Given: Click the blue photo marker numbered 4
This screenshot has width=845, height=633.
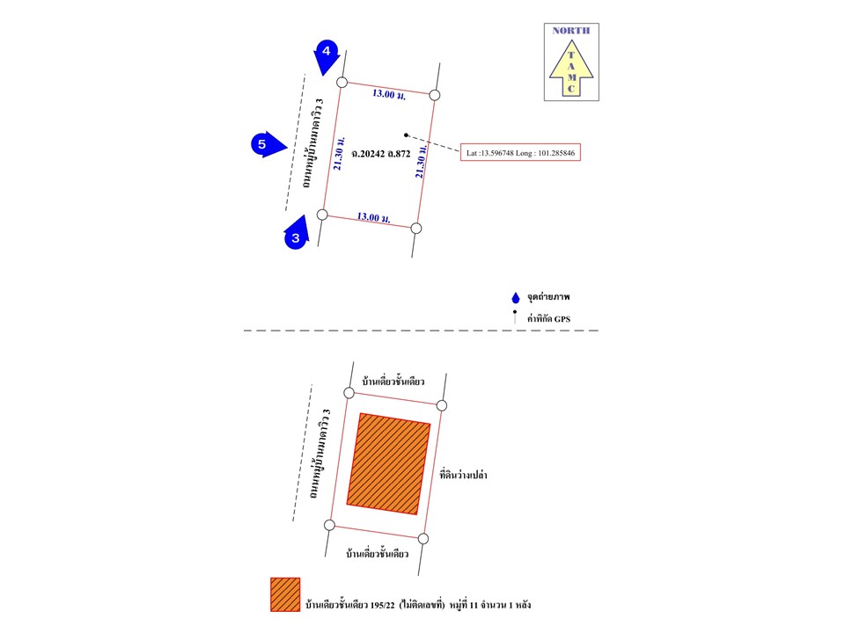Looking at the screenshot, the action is pyautogui.click(x=326, y=55).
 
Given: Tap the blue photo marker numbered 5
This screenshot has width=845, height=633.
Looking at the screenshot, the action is pyautogui.click(x=267, y=144).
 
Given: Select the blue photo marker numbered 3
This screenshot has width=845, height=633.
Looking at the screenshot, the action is pyautogui.click(x=297, y=234).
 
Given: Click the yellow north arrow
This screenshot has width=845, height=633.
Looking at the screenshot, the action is pyautogui.click(x=571, y=68).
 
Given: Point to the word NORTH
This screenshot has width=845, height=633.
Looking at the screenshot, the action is pyautogui.click(x=571, y=31).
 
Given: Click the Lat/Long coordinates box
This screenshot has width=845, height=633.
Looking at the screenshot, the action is pyautogui.click(x=520, y=153).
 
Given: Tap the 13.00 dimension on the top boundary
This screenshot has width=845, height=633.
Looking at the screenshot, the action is pyautogui.click(x=388, y=95).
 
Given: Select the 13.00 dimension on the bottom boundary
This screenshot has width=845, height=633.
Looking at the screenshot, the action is pyautogui.click(x=373, y=217).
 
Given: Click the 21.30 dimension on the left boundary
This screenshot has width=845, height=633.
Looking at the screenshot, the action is pyautogui.click(x=338, y=153).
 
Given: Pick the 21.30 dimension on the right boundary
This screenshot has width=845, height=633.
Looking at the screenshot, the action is pyautogui.click(x=421, y=161).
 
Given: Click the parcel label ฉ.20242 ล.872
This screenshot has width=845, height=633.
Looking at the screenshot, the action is pyautogui.click(x=381, y=154).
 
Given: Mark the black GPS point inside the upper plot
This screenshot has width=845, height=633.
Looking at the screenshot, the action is pyautogui.click(x=407, y=135).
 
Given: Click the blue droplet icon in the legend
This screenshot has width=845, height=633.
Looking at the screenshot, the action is pyautogui.click(x=516, y=298).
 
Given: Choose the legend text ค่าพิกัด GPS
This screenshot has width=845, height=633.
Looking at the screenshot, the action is pyautogui.click(x=548, y=318).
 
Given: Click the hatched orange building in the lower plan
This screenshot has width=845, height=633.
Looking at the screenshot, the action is pyautogui.click(x=388, y=464).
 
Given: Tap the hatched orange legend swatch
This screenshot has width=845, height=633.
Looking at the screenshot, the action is pyautogui.click(x=285, y=595).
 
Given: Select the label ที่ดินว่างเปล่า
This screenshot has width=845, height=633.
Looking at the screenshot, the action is pyautogui.click(x=464, y=476).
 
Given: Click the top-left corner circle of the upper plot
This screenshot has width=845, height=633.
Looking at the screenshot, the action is pyautogui.click(x=342, y=82).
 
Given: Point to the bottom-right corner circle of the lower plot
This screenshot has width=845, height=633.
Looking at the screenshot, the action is pyautogui.click(x=423, y=538).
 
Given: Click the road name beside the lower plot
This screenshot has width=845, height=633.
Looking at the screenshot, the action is pyautogui.click(x=320, y=454).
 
